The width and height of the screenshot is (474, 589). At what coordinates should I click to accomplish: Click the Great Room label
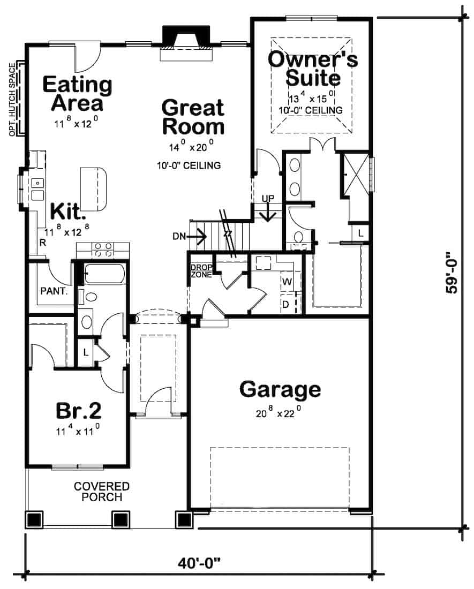point(193,117)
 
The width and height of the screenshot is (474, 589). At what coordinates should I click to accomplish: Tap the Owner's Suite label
point(313,69)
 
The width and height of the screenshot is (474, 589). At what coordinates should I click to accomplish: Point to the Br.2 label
point(79,411)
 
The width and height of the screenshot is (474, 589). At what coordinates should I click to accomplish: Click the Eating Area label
point(77,94)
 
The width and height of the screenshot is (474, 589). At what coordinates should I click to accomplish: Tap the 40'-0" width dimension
point(199,563)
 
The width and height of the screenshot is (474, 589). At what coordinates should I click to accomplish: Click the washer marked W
point(287,281)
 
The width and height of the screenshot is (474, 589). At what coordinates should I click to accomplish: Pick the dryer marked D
point(286,304)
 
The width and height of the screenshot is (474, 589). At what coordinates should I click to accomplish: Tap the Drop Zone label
point(202,271)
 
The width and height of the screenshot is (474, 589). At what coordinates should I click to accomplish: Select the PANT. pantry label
point(54,291)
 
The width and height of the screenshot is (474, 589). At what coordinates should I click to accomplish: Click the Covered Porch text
point(102,492)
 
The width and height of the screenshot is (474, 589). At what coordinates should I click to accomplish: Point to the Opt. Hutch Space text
point(13,100)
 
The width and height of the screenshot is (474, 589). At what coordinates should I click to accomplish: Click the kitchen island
point(93,189)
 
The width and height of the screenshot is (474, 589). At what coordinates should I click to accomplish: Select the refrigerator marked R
point(42,243)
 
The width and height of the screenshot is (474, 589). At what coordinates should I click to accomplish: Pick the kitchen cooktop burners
point(103,250)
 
